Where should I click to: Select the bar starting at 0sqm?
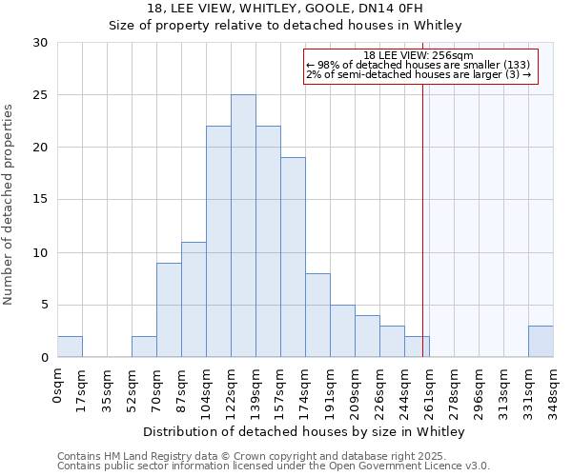pos(70,347)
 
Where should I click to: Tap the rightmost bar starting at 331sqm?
pos(541,342)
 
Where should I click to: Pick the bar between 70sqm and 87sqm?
pos(169,309)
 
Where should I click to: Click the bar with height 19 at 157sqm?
pos(293,257)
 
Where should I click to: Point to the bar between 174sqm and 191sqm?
pos(317,315)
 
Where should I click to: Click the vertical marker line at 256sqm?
pos(422,219)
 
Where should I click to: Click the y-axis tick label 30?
pos(40,43)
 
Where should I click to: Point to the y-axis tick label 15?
pos(40,200)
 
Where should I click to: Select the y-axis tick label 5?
pos(44,305)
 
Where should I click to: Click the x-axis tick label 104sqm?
pos(207,388)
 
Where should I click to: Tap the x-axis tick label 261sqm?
pos(430,388)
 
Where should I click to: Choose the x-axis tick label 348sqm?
pos(554,388)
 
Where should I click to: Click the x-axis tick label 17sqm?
pos(83,386)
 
